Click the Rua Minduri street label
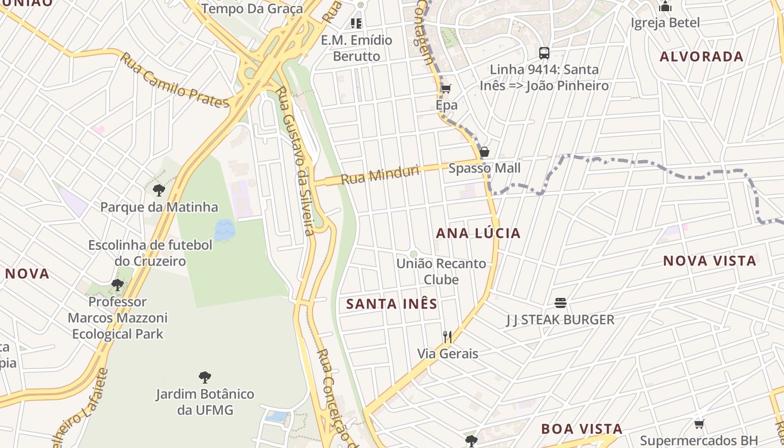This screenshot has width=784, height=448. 380,175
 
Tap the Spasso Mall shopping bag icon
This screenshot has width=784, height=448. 484,152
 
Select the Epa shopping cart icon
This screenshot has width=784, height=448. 446,88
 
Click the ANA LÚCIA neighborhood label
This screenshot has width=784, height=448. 478,233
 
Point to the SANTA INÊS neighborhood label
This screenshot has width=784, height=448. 391,304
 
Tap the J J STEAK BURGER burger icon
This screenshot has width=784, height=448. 561,303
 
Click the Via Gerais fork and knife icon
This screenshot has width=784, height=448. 447,337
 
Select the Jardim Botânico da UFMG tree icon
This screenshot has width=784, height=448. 205,377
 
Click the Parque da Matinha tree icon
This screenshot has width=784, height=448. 159,190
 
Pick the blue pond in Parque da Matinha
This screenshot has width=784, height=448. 225,230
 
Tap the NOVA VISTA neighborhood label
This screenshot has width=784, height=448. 710,261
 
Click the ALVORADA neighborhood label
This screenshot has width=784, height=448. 701,57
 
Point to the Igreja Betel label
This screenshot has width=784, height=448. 665,23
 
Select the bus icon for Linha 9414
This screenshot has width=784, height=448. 544,53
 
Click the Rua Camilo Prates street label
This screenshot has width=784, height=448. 174,81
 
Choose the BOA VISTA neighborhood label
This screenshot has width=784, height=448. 581,429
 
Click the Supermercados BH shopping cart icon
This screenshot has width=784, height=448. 699,424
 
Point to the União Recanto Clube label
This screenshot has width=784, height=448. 441,271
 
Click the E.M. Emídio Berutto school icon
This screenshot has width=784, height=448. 356,24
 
